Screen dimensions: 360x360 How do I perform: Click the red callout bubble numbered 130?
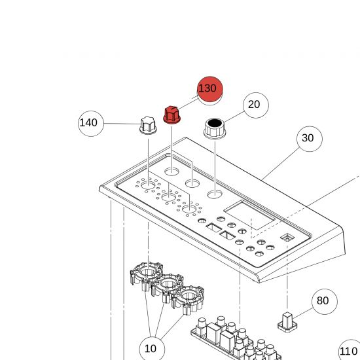click(x=210, y=89)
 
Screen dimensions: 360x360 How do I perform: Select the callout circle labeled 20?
click(x=256, y=105)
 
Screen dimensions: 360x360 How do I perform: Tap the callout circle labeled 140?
click(x=91, y=124)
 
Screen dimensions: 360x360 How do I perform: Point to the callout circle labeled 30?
click(x=310, y=139)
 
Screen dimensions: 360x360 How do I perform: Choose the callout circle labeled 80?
click(x=325, y=302)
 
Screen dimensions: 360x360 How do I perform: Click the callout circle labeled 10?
click(x=152, y=349)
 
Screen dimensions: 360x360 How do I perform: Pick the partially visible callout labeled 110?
click(x=350, y=350)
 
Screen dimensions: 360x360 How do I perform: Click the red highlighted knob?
click(x=171, y=115)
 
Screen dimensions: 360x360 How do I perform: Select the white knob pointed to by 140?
click(x=148, y=126)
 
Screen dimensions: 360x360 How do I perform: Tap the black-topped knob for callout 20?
click(x=215, y=128)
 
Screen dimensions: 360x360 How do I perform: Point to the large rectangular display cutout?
click(x=249, y=215)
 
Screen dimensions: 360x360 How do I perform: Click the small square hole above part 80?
click(x=287, y=238)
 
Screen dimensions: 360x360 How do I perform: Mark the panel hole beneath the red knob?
click(x=171, y=171)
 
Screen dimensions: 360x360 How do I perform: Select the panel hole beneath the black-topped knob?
click(x=215, y=194)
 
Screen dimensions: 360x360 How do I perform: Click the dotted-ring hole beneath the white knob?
click(x=148, y=185)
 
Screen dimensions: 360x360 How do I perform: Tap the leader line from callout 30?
click(x=281, y=164)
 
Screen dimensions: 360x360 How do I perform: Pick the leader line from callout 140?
click(x=122, y=124)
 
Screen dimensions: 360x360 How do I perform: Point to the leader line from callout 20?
click(x=234, y=117)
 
